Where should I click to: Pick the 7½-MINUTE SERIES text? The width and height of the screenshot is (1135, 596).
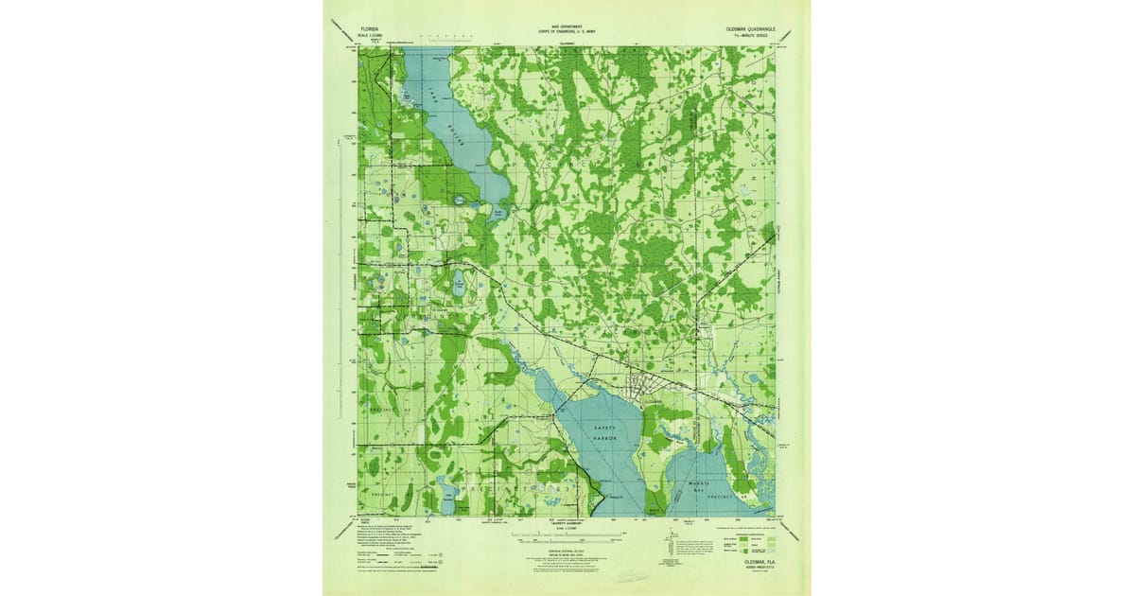click(757, 37)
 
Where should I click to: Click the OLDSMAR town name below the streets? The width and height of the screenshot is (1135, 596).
click(652, 402)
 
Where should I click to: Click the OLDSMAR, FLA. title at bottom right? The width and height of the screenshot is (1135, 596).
click(762, 560)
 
